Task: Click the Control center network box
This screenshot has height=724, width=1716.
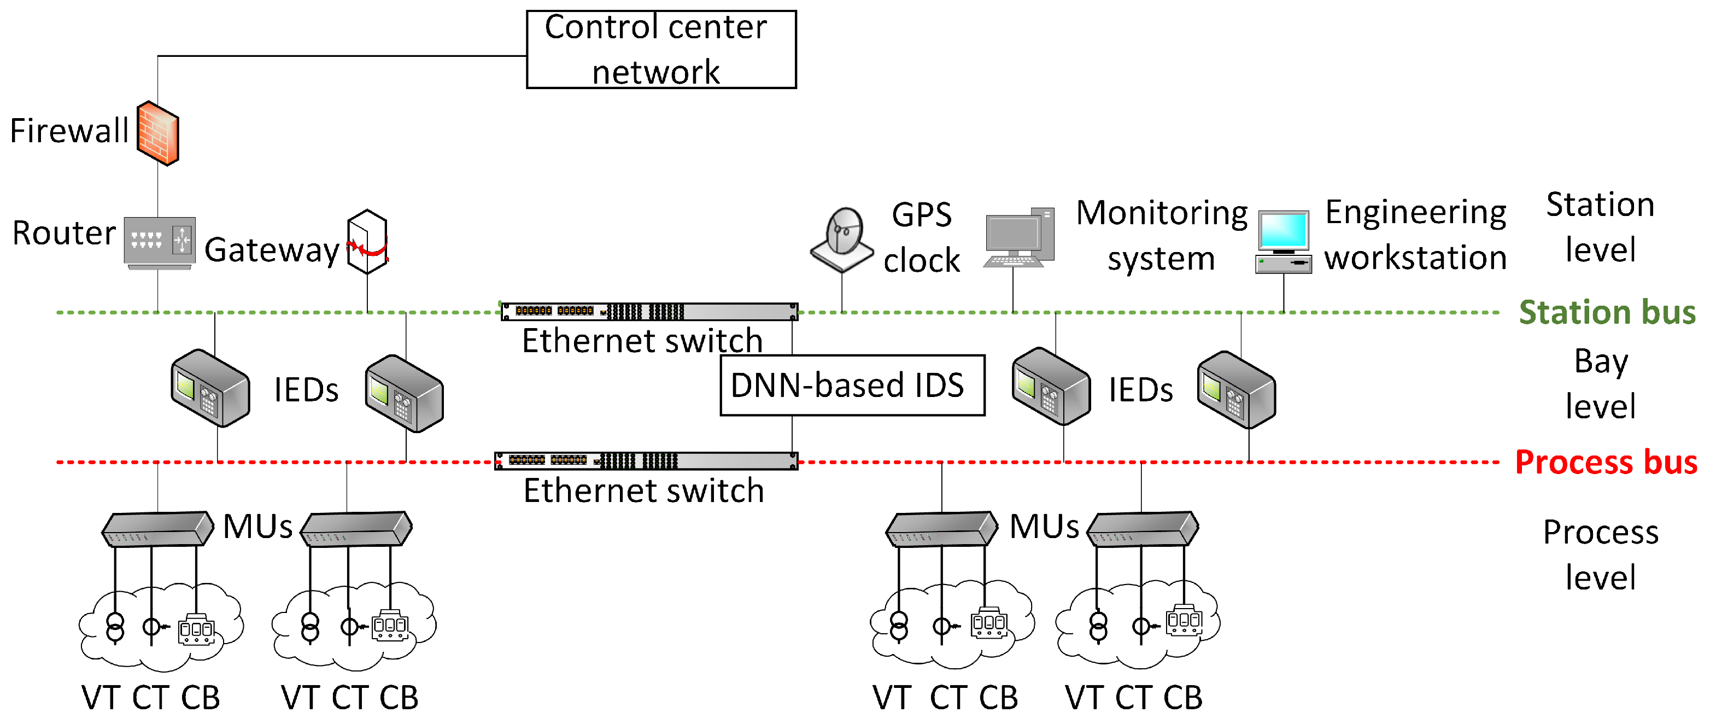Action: pos(660,49)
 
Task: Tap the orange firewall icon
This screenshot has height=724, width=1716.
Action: pos(158,133)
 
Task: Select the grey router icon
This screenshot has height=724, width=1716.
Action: pos(159,242)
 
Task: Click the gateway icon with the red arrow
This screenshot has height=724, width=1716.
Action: pos(367,242)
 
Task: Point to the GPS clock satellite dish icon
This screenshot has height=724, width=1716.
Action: pos(842,240)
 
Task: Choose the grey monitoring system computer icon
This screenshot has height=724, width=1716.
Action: pos(1018,238)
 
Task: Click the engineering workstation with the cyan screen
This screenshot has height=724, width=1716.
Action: pos(1283,242)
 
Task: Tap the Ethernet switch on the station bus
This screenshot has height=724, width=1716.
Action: pos(649,311)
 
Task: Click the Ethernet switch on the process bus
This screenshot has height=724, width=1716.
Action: pos(646,460)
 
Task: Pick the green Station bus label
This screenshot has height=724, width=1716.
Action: pos(1606,312)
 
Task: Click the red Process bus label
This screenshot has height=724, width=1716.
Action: pos(1606,462)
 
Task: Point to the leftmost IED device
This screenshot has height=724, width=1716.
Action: pos(210,388)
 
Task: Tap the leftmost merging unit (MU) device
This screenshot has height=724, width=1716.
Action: pos(157,529)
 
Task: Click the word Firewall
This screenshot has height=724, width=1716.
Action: pos(69,131)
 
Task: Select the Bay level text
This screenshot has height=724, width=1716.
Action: pos(1600,384)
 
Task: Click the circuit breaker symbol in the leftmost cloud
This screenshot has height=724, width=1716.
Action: pos(196,628)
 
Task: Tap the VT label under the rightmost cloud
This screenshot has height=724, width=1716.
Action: pos(1085,697)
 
